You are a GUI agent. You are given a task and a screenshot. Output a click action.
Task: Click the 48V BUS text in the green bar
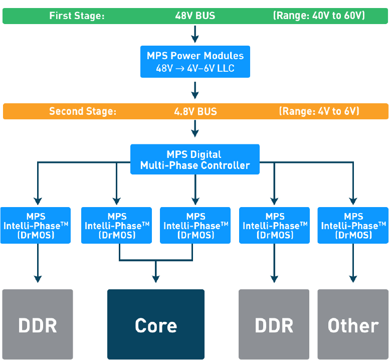(x=195, y=16)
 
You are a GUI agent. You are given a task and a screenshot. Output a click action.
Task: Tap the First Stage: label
(x=77, y=16)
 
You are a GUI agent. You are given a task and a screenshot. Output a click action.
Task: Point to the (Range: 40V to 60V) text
(x=319, y=16)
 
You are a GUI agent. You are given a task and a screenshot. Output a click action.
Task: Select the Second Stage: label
(x=83, y=111)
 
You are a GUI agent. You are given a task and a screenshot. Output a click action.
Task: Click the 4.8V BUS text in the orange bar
(x=195, y=111)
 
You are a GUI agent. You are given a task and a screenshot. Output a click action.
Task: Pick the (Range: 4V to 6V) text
(x=319, y=111)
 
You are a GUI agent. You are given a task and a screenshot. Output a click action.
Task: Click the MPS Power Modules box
(x=195, y=62)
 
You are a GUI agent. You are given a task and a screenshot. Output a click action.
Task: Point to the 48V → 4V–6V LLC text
(x=195, y=68)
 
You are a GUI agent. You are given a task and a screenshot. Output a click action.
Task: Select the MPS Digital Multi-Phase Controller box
(x=195, y=159)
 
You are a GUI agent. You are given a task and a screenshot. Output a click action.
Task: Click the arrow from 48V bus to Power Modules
(x=195, y=34)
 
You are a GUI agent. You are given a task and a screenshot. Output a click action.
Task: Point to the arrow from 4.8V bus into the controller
(x=195, y=129)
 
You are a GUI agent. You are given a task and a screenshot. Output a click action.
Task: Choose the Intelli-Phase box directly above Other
(x=353, y=225)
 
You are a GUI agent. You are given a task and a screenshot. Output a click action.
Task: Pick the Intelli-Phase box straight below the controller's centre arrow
(x=195, y=225)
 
